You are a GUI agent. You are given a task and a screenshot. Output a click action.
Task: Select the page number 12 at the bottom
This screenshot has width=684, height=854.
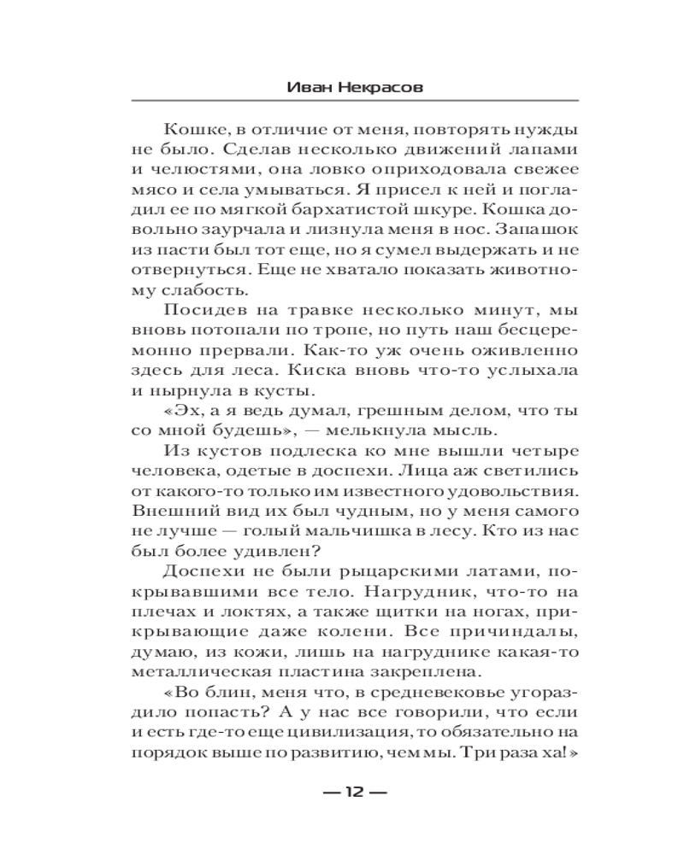coord(354,791)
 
